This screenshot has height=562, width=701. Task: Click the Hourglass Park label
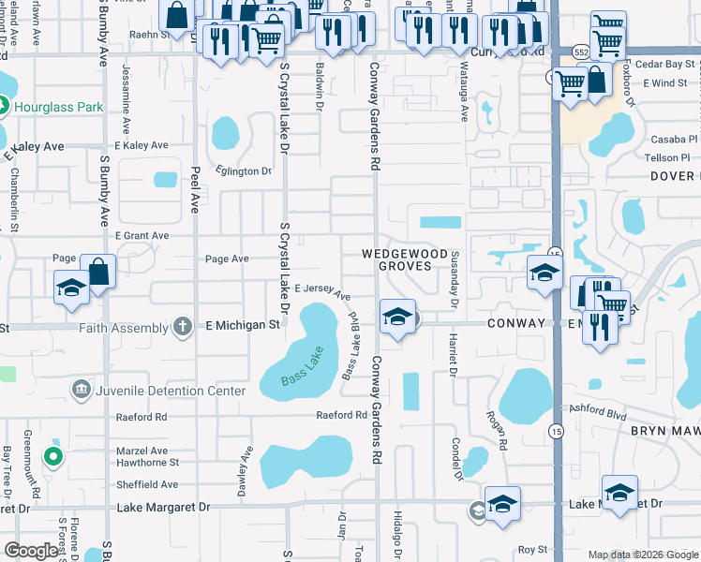(x=58, y=107)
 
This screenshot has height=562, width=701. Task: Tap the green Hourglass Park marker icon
(x=3, y=107)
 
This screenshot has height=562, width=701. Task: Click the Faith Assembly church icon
(x=185, y=326)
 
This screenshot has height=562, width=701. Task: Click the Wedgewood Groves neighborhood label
(x=397, y=259)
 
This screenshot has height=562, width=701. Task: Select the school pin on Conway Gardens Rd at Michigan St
(x=397, y=316)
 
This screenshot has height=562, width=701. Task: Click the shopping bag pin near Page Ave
(x=98, y=273)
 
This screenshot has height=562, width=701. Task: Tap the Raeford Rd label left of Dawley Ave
(x=141, y=416)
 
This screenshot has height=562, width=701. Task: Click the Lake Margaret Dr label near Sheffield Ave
(x=164, y=506)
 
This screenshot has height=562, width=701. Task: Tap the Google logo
(x=31, y=550)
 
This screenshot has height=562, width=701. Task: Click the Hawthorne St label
(x=147, y=463)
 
